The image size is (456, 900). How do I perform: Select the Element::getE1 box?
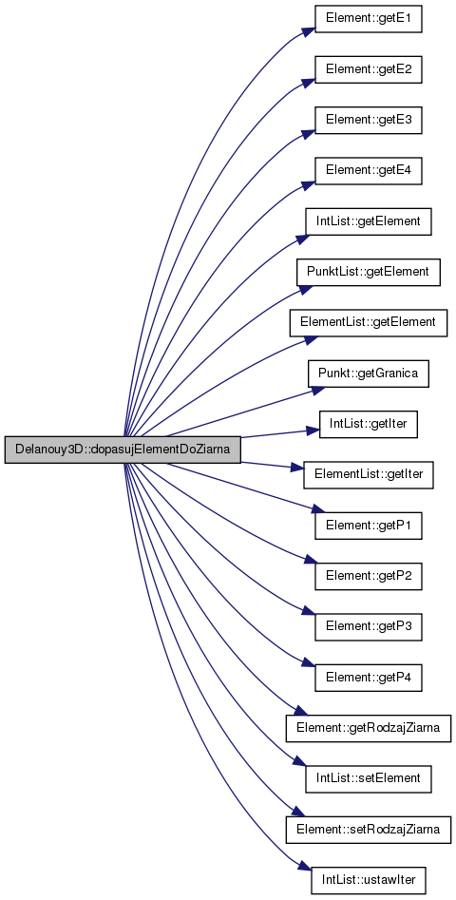click(x=369, y=20)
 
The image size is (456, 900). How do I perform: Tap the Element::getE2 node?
click(x=369, y=70)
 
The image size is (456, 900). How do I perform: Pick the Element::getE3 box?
click(x=369, y=121)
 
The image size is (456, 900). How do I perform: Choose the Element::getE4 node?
click(x=369, y=171)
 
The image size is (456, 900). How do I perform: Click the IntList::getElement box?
click(x=369, y=221)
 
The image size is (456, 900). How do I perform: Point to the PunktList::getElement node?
click(x=369, y=272)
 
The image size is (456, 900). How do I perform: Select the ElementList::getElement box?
click(x=369, y=322)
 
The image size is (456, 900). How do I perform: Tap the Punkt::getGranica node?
click(x=369, y=373)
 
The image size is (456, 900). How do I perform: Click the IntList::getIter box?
click(x=369, y=424)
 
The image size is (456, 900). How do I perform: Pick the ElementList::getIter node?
click(x=369, y=474)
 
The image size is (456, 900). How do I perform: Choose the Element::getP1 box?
click(x=369, y=526)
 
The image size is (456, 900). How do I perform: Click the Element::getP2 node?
click(x=369, y=576)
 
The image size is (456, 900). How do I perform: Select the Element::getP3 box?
click(x=369, y=627)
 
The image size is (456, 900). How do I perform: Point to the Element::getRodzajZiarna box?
click(x=369, y=728)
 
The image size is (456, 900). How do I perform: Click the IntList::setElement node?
click(x=369, y=778)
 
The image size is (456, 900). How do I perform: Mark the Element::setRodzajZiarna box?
click(x=369, y=829)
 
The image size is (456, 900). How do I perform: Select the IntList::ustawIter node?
click(x=369, y=879)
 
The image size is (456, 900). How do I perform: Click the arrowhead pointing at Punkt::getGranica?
click(x=319, y=389)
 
